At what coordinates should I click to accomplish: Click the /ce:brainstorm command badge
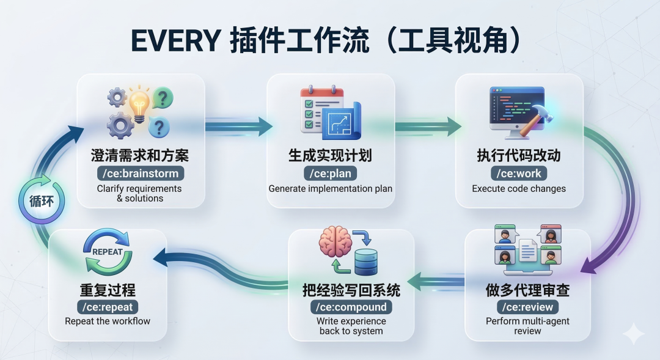tap(140, 174)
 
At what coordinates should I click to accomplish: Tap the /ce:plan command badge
tap(331, 174)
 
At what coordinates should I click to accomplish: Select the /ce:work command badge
tap(519, 174)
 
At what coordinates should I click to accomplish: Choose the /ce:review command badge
tap(527, 307)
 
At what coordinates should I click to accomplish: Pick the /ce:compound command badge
tap(351, 307)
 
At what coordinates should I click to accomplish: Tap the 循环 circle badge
tap(42, 200)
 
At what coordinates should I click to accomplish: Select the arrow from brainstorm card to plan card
tap(238, 127)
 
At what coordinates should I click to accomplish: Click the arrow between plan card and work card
tap(428, 127)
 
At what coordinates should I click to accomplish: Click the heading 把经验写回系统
tap(351, 289)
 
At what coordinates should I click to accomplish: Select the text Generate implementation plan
tap(331, 189)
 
